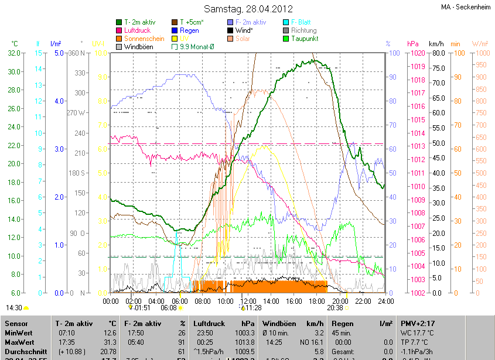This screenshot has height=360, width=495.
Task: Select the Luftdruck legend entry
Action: [x=139, y=30]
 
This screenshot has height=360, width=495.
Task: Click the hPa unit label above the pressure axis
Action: [x=413, y=44]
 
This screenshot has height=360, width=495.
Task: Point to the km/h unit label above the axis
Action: [x=436, y=44]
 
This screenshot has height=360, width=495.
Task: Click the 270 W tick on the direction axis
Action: [x=77, y=113]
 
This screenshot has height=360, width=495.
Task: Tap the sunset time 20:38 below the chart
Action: [x=335, y=308]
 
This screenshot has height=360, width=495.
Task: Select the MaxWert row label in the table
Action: [x=21, y=342]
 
